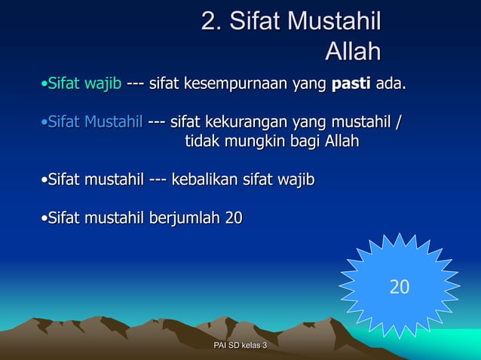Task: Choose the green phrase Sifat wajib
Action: point(85,82)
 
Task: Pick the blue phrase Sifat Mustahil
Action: point(96,121)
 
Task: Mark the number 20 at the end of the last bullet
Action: point(234,218)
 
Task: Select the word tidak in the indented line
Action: point(203,141)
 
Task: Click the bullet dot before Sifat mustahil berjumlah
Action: point(44,219)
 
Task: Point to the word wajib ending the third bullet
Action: point(295,180)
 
